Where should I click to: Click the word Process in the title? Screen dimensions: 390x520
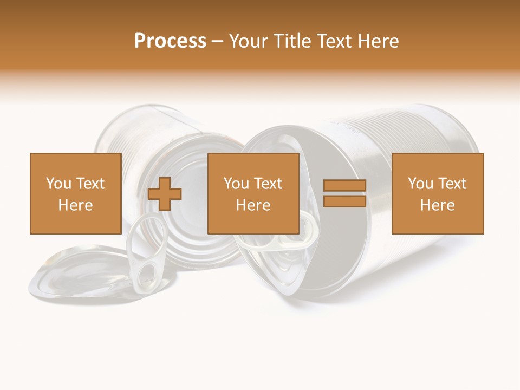click(170, 41)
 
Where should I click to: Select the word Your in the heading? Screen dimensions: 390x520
click(249, 41)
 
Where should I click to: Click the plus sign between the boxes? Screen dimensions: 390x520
click(165, 194)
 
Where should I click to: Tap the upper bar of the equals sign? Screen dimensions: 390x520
click(344, 186)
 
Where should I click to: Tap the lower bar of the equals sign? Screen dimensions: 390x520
click(344, 201)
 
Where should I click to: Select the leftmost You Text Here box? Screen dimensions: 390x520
click(75, 193)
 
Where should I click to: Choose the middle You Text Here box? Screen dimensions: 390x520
click(253, 193)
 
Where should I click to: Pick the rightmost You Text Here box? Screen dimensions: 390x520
click(437, 193)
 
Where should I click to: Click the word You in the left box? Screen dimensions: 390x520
click(58, 184)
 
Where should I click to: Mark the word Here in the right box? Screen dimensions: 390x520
click(437, 205)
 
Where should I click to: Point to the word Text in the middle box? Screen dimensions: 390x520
click(268, 184)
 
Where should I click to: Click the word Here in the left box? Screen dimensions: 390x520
click(75, 205)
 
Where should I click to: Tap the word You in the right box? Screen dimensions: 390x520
click(420, 184)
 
